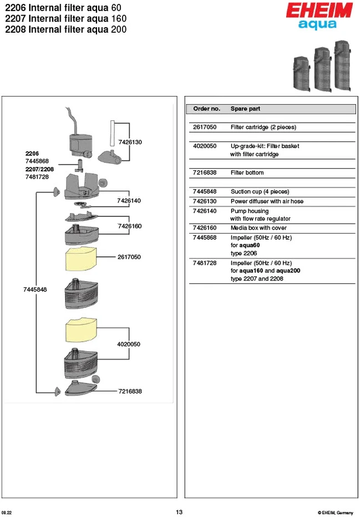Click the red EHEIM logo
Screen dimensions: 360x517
[x=319, y=10]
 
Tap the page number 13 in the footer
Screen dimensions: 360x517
[x=179, y=512]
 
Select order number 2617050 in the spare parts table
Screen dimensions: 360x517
[x=205, y=127]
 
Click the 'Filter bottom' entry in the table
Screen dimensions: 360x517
[x=247, y=173]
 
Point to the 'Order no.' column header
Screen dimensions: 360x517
[x=207, y=109]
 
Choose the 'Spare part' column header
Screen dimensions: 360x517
[x=245, y=109]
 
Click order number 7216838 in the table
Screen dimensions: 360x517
[x=205, y=173]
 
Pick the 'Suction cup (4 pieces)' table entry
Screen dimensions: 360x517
[x=260, y=191]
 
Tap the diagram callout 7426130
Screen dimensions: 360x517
[x=130, y=143]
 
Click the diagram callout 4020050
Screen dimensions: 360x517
[x=129, y=344]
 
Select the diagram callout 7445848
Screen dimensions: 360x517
[x=35, y=290]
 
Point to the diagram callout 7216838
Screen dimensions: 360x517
[x=130, y=392]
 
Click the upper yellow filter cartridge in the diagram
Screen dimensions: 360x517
[x=81, y=259]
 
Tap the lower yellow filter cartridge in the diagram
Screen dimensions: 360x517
[x=81, y=330]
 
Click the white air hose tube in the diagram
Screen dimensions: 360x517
[x=112, y=133]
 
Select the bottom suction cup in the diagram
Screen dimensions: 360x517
[x=58, y=392]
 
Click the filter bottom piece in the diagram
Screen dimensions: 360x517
[x=80, y=388]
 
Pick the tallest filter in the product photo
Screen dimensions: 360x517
[x=343, y=65]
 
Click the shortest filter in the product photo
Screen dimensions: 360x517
[x=302, y=74]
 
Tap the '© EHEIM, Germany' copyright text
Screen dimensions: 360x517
[x=335, y=513]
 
